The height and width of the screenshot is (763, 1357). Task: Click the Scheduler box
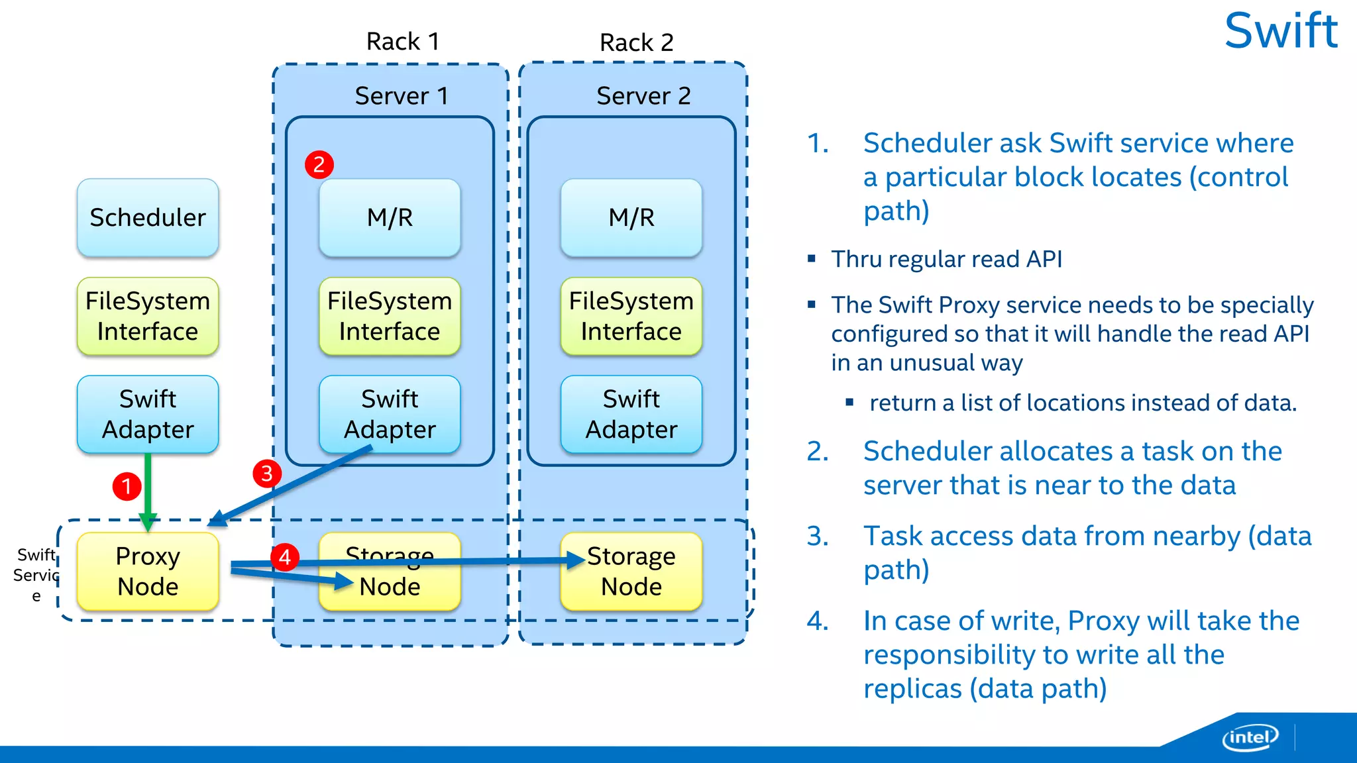[148, 217]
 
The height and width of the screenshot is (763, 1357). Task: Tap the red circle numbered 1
[127, 487]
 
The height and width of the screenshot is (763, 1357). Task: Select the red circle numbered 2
[319, 164]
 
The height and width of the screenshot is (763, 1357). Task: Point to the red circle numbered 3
[267, 474]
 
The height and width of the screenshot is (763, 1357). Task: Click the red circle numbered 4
[285, 557]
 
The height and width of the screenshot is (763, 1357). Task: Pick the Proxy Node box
[148, 571]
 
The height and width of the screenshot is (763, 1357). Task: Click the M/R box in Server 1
[390, 217]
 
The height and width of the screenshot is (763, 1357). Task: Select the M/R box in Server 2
[631, 217]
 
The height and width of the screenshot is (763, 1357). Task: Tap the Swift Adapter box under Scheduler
[148, 414]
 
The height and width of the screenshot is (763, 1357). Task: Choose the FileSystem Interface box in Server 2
[631, 316]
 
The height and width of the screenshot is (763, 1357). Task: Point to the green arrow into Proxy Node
[148, 490]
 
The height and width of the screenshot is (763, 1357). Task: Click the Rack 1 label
[403, 42]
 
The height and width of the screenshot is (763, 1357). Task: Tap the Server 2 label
[643, 96]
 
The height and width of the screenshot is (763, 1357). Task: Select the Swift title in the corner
[1280, 31]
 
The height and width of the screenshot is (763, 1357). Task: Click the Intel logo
[1250, 737]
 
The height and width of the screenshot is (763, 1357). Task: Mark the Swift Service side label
[36, 574]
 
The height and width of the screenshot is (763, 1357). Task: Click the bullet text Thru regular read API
[946, 259]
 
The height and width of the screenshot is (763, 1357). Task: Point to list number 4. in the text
[818, 621]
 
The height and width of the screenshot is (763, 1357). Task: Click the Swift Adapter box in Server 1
[390, 414]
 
